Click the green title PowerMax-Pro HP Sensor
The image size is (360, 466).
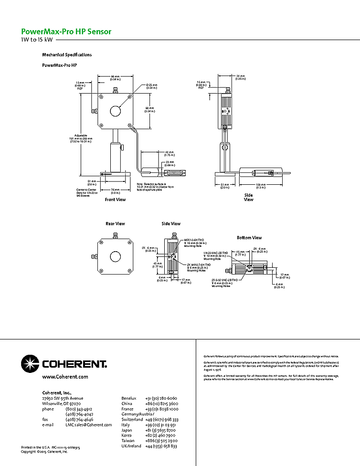(66, 32)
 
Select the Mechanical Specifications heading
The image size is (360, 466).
(67, 55)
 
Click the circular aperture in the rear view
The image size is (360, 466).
(116, 256)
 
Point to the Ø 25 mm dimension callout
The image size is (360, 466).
(152, 86)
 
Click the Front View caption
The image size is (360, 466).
(115, 200)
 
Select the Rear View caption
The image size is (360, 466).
(115, 223)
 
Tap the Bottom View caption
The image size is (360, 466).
(249, 238)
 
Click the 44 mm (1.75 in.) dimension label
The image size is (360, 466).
(169, 153)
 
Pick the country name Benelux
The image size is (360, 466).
(129, 398)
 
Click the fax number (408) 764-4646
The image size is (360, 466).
(75, 419)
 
